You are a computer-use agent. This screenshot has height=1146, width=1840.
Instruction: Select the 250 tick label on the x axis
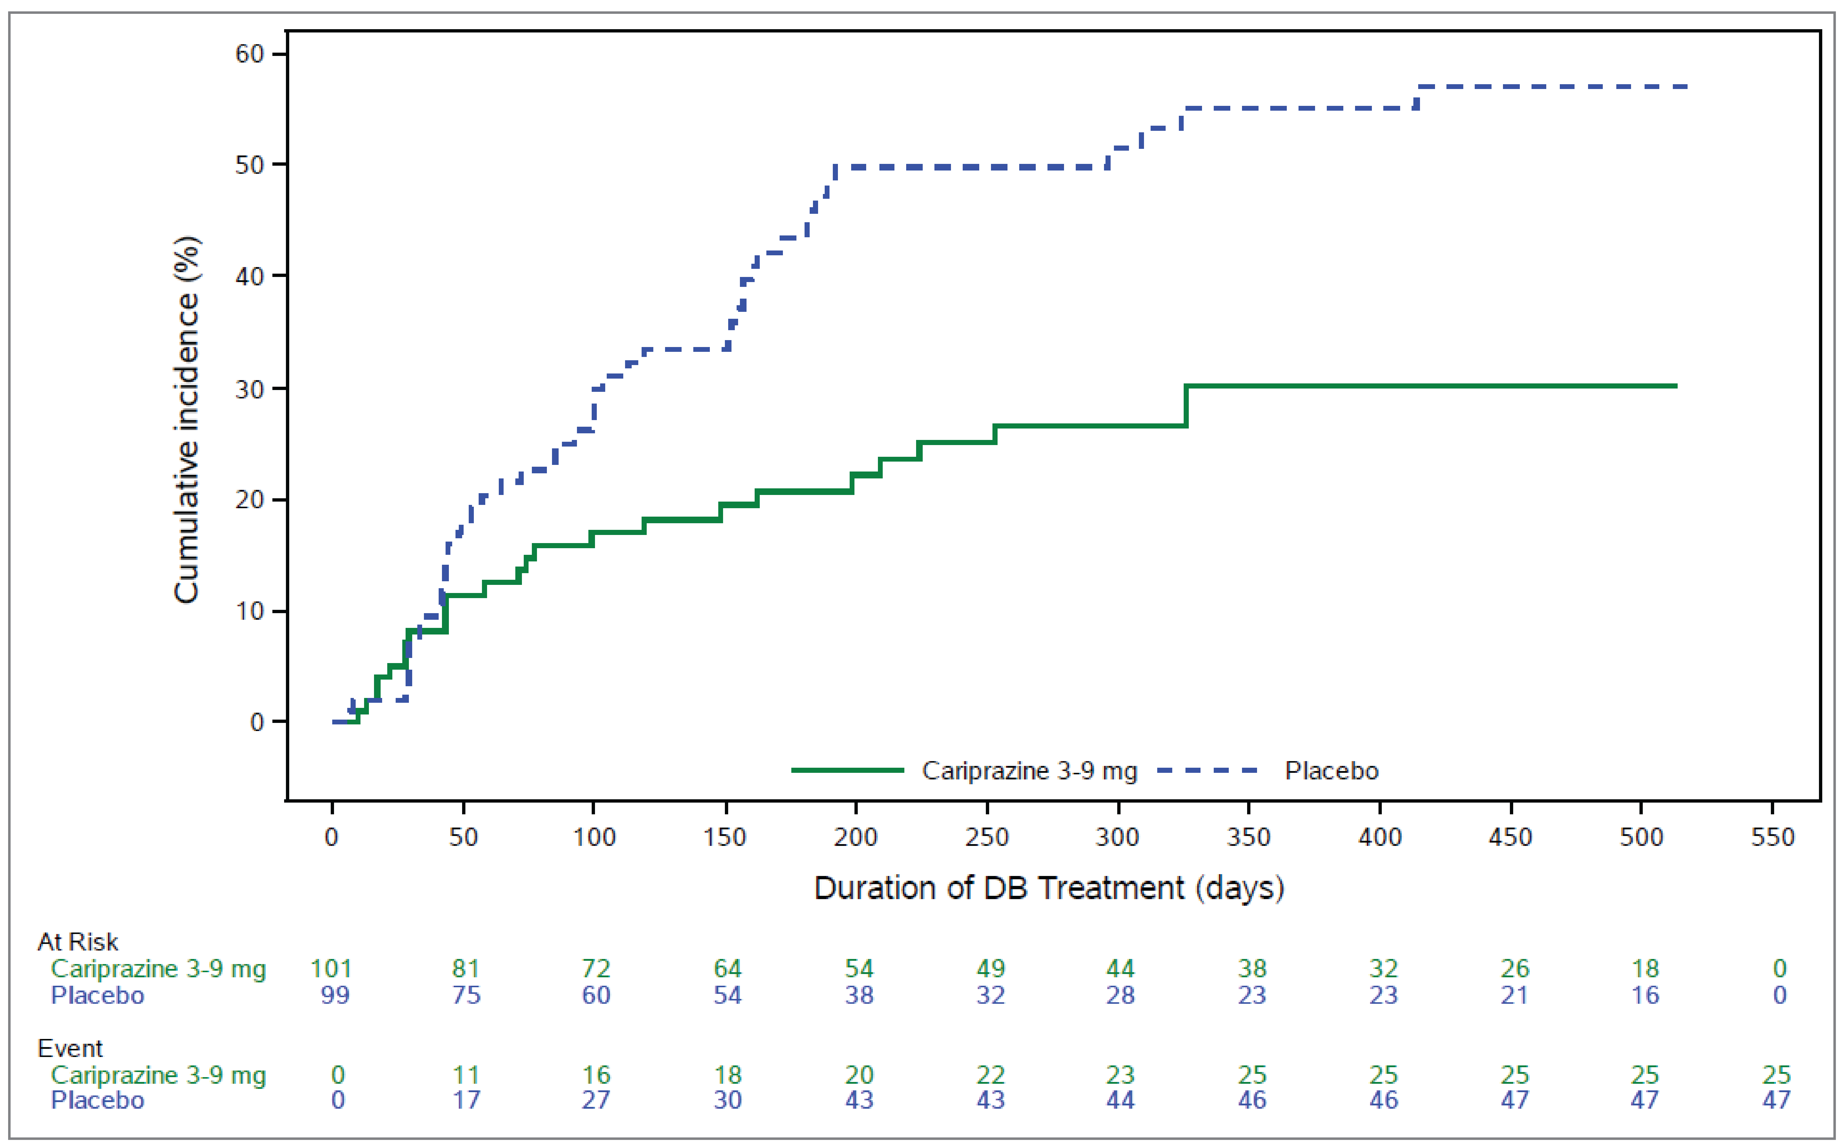click(987, 837)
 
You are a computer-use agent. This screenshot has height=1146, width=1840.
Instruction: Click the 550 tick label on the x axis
click(1773, 837)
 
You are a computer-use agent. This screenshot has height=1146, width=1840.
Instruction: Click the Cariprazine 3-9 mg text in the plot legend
click(1029, 771)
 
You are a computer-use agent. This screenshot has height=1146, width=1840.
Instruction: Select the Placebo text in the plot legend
click(1332, 771)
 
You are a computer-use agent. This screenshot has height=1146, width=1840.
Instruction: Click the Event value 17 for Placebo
click(466, 1100)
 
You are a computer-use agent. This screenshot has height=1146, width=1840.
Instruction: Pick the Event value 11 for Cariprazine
click(466, 1075)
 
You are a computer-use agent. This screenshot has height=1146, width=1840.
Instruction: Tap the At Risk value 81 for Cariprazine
click(466, 969)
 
